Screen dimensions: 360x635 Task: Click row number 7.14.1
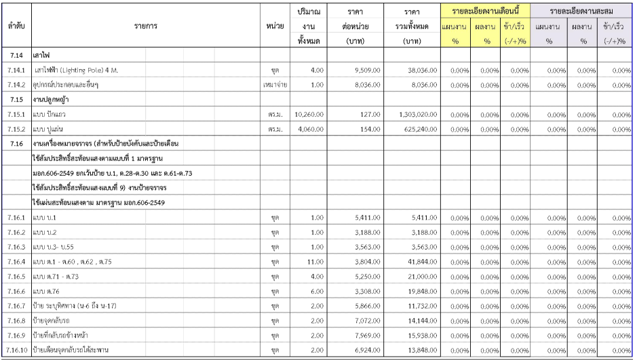tap(16, 70)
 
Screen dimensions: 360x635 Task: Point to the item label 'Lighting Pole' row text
tap(81, 70)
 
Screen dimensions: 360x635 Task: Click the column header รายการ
tap(146, 26)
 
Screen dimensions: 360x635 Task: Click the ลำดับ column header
tap(16, 26)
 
